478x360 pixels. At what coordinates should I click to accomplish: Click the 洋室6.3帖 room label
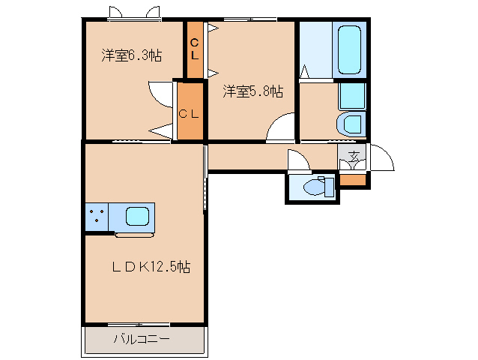click(132, 55)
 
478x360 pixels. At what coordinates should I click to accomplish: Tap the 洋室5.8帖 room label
click(252, 91)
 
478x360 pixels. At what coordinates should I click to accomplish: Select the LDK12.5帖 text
click(150, 266)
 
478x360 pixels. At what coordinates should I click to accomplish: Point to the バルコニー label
click(142, 339)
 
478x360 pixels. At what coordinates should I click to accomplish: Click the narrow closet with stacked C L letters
click(195, 49)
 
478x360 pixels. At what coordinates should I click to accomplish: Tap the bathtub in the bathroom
click(349, 49)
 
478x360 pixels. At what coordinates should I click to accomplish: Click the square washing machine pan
click(351, 96)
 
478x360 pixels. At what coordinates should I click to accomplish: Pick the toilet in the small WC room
click(320, 186)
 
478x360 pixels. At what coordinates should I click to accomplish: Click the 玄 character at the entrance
click(353, 157)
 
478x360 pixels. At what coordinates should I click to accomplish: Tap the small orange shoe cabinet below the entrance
click(353, 180)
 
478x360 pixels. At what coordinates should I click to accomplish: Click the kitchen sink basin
click(137, 217)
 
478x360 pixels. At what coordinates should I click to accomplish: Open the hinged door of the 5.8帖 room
click(280, 128)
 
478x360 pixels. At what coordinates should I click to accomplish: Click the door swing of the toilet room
click(297, 160)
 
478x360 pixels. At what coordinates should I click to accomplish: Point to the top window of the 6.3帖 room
click(134, 16)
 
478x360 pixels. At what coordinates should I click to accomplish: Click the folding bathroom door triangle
click(306, 73)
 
